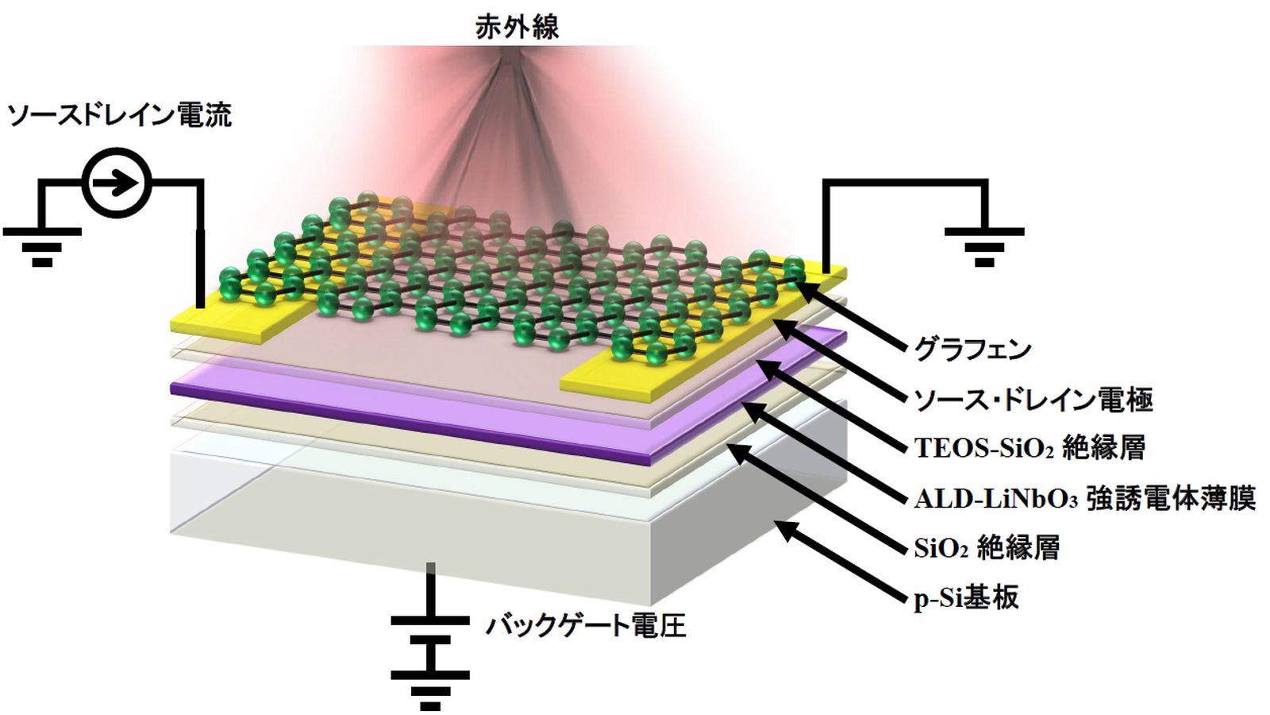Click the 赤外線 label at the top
517,27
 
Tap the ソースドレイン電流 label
119,116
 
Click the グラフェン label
972,350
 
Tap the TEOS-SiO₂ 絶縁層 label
1029,448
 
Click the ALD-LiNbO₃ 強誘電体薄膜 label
1084,498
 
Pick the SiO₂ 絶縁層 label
987,547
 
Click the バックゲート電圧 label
586,625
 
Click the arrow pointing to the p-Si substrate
841,560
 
